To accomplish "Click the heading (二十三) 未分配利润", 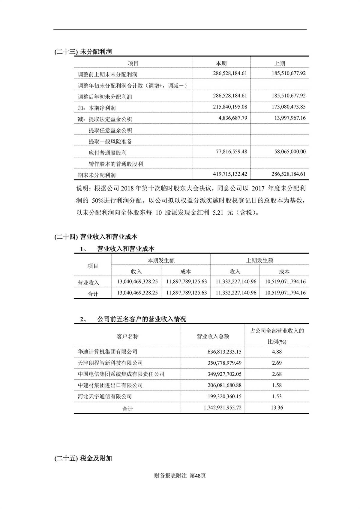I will point(83,52).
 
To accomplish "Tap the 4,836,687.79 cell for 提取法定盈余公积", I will point(233,118).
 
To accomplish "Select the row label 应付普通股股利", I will point(107,153).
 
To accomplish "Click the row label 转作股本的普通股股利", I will point(115,164).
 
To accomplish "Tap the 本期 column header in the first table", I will point(221,63).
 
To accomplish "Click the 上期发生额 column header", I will point(259,260).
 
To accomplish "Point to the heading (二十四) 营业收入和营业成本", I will point(96,237).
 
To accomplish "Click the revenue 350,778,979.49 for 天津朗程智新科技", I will point(220,363).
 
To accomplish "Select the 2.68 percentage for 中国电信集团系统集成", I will point(277,374).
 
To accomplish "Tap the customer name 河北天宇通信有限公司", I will point(105,396).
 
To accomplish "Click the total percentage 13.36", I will point(277,408).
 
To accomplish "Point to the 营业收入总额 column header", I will point(213,336).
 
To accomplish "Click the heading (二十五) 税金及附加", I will point(83,458).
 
